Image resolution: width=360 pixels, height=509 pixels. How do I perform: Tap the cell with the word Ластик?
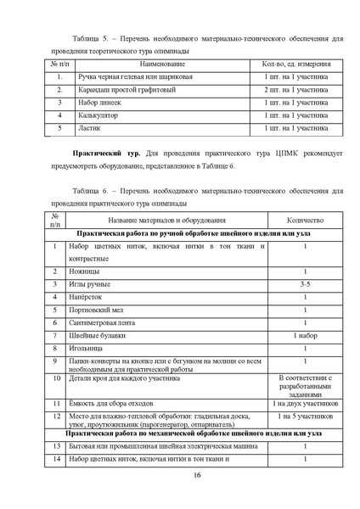89,128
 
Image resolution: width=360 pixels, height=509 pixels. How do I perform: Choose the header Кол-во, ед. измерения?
295,64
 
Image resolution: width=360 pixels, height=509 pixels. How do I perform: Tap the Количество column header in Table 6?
305,220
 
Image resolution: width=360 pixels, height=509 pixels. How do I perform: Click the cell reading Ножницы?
84,271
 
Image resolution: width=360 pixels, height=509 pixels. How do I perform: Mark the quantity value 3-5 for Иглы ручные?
305,284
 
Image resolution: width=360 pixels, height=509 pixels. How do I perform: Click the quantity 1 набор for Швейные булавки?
305,335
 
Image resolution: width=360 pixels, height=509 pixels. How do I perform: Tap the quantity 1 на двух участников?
305,404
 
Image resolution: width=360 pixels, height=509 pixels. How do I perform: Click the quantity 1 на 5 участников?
305,417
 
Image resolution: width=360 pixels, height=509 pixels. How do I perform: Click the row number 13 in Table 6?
55,445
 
